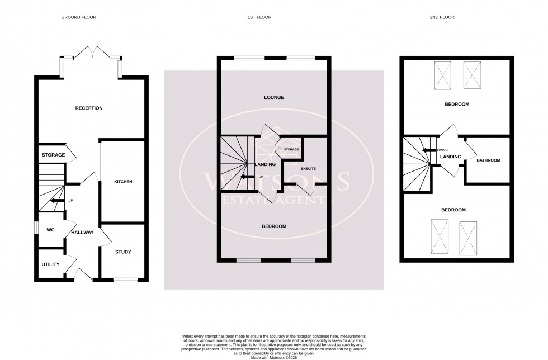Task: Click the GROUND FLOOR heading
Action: pos(78,17)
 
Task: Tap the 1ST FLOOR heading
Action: pos(259,17)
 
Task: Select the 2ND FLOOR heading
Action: pos(442,17)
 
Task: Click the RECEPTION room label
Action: pos(89,108)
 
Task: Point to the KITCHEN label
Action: pos(123,182)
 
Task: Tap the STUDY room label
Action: pos(123,252)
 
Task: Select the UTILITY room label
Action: pos(50,264)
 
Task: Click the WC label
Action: pos(50,230)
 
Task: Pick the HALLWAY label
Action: pos(82,233)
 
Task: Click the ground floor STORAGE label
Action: pos(53,155)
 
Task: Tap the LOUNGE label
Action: pos(274,97)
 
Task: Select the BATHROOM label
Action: pos(488,160)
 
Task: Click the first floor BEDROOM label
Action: pos(274,226)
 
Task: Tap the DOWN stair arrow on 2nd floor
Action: pos(429,150)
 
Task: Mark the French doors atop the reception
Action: pos(92,53)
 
